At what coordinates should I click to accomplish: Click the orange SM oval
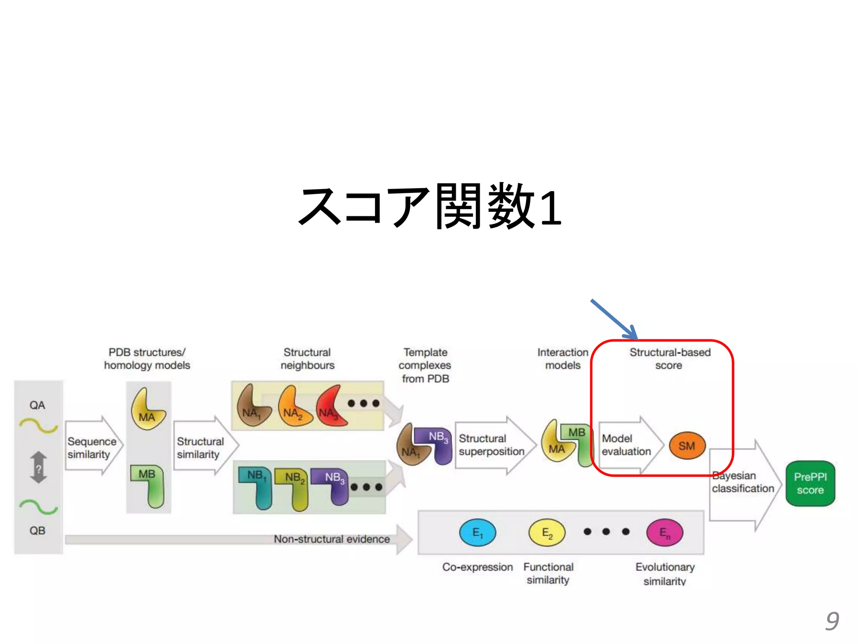click(687, 446)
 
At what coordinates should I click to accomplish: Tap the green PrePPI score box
click(810, 483)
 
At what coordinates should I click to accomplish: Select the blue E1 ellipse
click(478, 532)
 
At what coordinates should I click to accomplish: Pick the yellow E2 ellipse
click(547, 532)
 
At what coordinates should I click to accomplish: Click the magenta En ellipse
click(665, 533)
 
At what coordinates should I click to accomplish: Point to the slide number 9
click(832, 621)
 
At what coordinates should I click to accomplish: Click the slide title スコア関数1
click(430, 207)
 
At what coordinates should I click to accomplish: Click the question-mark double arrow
click(39, 467)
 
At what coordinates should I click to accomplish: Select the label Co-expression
click(478, 567)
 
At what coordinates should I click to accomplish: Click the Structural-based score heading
click(669, 358)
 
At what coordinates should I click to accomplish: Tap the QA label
click(37, 405)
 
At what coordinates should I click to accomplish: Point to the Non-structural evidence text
click(332, 539)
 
